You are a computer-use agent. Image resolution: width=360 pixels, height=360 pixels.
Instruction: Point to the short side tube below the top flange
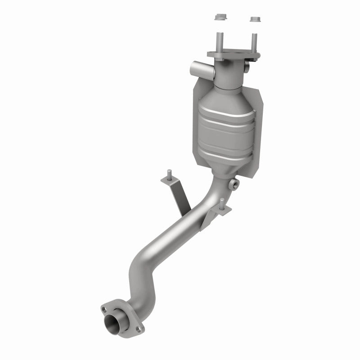click(x=198, y=69)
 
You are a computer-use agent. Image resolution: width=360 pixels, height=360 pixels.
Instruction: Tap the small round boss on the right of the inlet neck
click(x=247, y=67)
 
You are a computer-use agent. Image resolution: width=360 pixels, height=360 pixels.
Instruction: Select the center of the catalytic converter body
click(x=225, y=126)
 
